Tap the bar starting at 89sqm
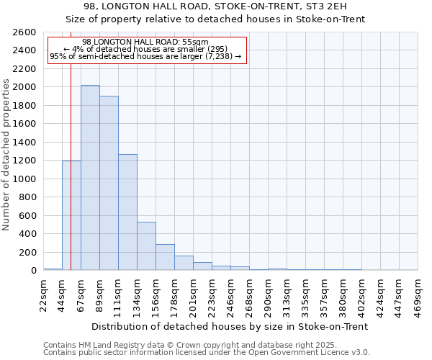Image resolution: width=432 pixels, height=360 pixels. tap(109, 183)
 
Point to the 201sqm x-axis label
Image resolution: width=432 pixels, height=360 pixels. tap(193, 296)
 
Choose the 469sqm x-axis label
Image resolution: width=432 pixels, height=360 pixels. tap(418, 296)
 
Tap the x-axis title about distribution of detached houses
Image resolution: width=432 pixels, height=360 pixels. tap(230, 326)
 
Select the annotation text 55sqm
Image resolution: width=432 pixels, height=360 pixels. tap(145, 42)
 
